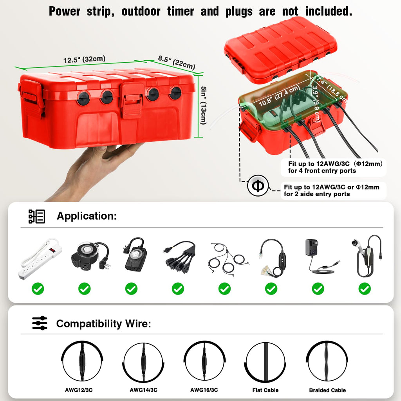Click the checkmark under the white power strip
click(x=38, y=289)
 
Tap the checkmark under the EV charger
click(x=365, y=289)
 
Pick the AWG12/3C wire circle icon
click(x=82, y=361)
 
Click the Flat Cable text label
click(x=266, y=390)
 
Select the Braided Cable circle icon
click(x=327, y=361)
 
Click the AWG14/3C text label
click(x=143, y=390)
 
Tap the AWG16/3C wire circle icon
click(x=204, y=361)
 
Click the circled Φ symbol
click(x=258, y=186)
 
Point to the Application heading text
click(x=87, y=216)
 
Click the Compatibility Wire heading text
click(x=103, y=324)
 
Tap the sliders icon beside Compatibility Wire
click(x=40, y=323)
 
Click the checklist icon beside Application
click(x=37, y=216)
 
